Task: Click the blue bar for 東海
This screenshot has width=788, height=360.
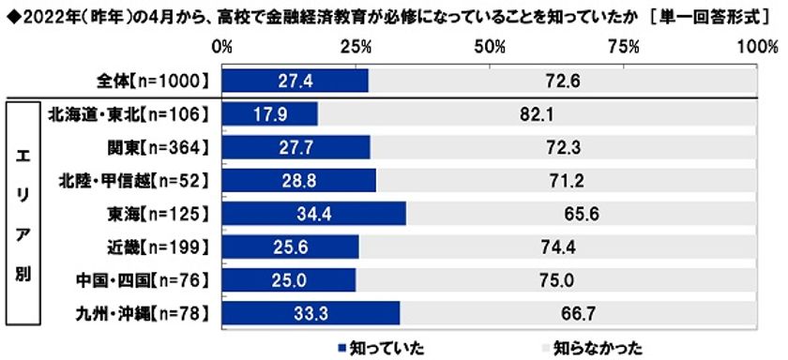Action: point(314,213)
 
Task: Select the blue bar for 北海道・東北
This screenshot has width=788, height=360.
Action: point(270,114)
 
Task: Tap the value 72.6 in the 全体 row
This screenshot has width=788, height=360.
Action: point(564,82)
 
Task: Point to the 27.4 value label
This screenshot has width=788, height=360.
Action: point(295,82)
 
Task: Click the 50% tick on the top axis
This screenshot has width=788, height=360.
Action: point(491,46)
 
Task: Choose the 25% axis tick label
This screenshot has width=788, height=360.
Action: point(357,46)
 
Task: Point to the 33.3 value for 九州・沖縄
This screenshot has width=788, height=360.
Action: point(311,311)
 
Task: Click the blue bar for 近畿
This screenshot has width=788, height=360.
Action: point(291,246)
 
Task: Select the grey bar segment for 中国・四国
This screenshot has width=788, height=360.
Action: point(557,278)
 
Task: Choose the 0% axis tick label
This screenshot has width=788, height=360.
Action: point(223,46)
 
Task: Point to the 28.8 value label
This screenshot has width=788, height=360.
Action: point(299,180)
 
